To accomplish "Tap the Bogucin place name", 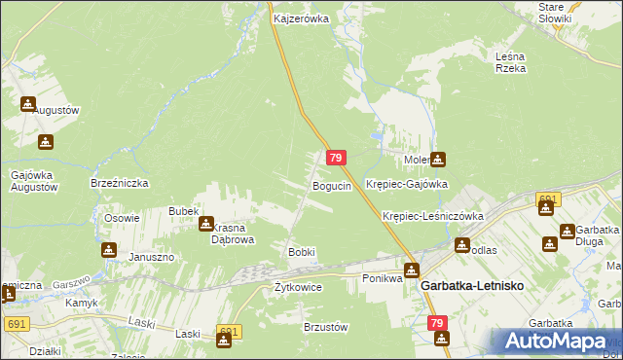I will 331,186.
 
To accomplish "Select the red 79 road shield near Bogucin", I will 336,158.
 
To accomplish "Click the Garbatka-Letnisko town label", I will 472,288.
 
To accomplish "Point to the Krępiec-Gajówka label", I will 406,184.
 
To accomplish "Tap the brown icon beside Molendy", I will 439,159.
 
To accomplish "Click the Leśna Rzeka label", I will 510,62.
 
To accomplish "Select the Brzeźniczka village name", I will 118,183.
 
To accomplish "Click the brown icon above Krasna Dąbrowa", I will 206,224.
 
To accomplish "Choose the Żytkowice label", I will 298,288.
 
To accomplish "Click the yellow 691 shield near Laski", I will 228,333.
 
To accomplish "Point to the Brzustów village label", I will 326,328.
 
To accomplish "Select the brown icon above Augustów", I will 27,103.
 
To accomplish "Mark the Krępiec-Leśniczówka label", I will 433,216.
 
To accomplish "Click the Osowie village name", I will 123,218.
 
